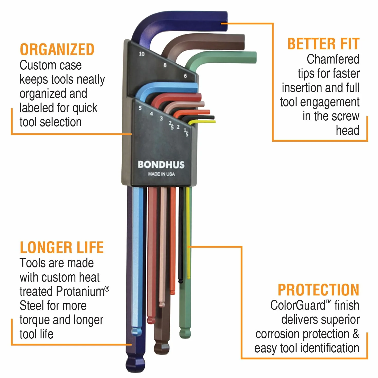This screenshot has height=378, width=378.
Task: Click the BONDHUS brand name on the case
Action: pos(161,165)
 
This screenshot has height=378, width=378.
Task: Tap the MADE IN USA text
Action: pos(161,174)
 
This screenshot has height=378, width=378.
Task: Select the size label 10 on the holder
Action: pos(142,54)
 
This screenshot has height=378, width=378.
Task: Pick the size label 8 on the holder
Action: pos(165,65)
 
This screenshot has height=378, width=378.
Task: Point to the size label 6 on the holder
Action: pos(185,76)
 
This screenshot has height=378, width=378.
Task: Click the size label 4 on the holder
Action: pos(151,114)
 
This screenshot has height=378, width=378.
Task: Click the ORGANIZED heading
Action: pos(57,49)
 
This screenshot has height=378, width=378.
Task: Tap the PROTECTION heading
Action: pos(319,290)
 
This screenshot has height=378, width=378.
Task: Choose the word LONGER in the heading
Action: pos(46,248)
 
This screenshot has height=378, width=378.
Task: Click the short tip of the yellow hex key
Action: pos(215,122)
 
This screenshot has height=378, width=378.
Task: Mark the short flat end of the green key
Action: pos(255,58)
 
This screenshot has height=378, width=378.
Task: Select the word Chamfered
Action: pos(333,59)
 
